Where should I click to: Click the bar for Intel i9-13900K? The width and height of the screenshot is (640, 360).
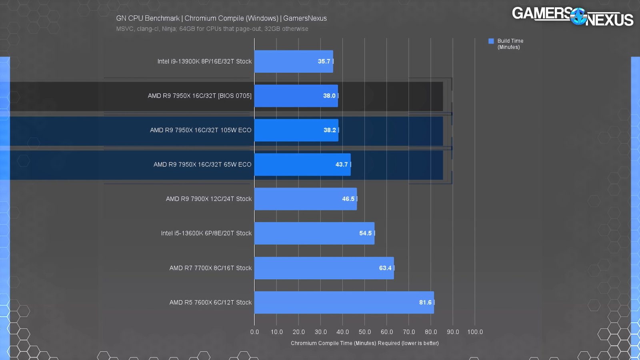coord(293,62)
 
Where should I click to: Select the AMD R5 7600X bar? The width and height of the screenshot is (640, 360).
coord(344,302)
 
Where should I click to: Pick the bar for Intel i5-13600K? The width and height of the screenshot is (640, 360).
coord(314,233)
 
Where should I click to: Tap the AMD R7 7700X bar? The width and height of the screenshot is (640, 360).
coord(324,268)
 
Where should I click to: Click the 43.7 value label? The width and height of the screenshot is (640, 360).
coord(342,164)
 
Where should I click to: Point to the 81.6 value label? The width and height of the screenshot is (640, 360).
coord(425,302)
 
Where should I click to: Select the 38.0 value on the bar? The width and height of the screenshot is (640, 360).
coord(329,96)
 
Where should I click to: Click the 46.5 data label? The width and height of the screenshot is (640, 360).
coord(348,199)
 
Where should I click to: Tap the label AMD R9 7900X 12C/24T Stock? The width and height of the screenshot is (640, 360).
coord(209,199)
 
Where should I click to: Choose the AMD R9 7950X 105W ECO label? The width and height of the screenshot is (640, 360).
coord(201,130)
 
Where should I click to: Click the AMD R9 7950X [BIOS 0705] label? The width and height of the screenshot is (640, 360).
coord(200,96)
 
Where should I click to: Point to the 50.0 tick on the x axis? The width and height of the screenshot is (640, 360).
coord(365,332)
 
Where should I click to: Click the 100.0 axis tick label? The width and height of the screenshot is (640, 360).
coord(475,332)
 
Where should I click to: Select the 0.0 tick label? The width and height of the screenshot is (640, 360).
coord(255,332)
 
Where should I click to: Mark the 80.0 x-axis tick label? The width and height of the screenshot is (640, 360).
coord(431,332)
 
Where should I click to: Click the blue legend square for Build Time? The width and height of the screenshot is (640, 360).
coord(491,41)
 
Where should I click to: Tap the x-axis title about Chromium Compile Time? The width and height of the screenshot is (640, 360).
coord(364,343)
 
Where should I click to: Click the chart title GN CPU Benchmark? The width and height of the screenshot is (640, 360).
coord(221,18)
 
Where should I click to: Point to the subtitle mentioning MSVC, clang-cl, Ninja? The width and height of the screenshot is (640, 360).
coord(212,29)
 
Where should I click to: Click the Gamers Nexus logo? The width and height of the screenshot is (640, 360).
coord(572,17)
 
